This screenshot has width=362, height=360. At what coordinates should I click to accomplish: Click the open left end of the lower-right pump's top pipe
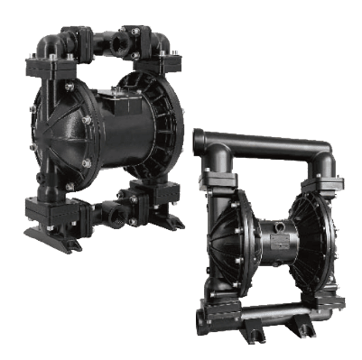200,141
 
